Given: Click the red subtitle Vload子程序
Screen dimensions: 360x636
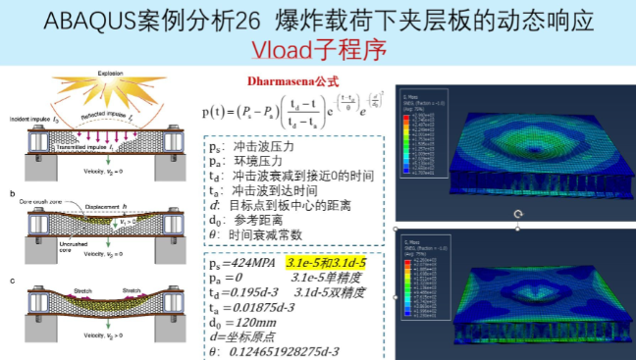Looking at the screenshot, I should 318,48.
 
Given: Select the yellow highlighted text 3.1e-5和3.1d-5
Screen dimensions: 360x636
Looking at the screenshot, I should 326,263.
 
